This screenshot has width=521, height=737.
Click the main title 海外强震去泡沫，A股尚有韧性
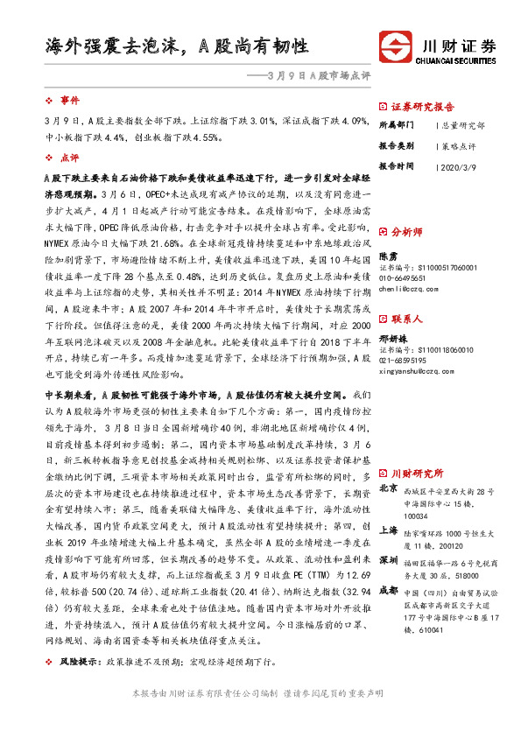(175, 46)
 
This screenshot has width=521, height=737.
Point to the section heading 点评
(70, 158)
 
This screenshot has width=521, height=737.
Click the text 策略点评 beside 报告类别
(458, 145)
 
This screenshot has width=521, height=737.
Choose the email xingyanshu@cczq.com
(415, 370)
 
